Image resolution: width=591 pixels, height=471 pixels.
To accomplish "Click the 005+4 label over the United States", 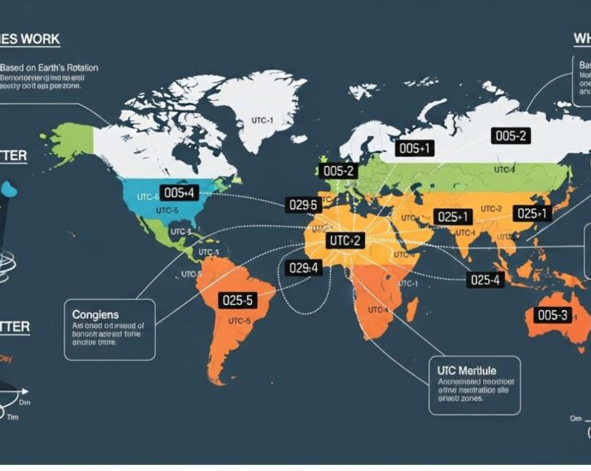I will [x=180, y=194].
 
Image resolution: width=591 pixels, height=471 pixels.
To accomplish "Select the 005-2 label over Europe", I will [x=340, y=170].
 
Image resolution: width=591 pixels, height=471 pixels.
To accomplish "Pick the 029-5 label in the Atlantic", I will [x=302, y=205].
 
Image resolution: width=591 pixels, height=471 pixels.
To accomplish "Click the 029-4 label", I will [x=303, y=268].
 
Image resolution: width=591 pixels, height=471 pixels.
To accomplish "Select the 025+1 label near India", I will [x=452, y=217].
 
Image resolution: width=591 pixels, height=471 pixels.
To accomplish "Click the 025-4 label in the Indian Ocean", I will [x=485, y=279].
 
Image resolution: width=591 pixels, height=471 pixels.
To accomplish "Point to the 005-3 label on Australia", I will [x=552, y=314].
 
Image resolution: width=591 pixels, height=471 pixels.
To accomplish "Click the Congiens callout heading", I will [x=96, y=313].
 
